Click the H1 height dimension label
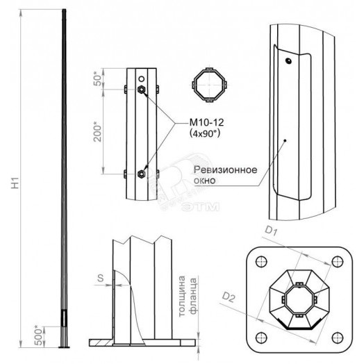[15, 183]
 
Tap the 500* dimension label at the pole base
[40, 336]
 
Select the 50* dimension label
[98, 78]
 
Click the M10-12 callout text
[206, 122]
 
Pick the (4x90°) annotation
[205, 133]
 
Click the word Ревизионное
[225, 169]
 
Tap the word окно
[205, 181]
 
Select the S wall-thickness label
[100, 278]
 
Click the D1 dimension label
[272, 231]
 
